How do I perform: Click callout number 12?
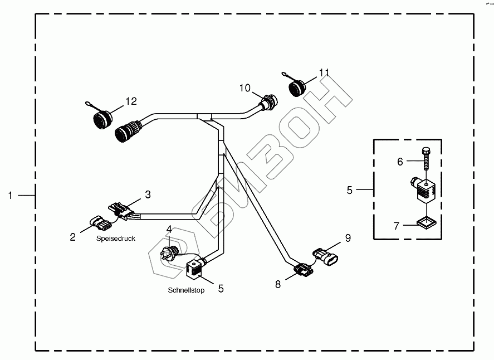(x=130, y=101)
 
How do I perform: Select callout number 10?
(x=245, y=88)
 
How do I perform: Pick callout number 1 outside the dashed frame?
(x=11, y=195)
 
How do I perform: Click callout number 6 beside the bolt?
(x=399, y=162)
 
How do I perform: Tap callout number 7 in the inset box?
(x=397, y=226)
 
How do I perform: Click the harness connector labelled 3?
(x=123, y=210)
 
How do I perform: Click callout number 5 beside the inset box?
(x=350, y=190)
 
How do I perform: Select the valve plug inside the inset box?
(x=424, y=189)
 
